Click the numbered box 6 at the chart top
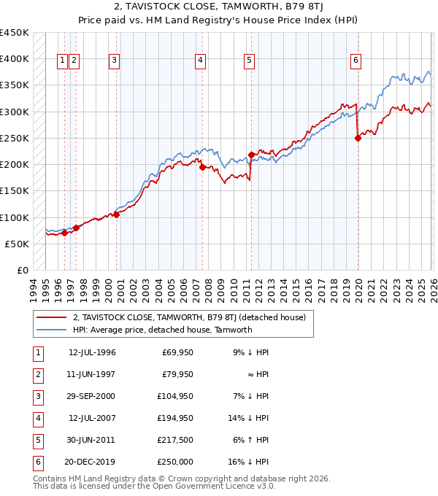356,61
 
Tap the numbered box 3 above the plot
115,61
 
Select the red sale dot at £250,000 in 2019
358,139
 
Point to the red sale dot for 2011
251,155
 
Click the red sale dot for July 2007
201,167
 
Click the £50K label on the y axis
18,244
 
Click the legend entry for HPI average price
162,330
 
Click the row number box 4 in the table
37,418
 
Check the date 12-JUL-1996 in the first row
92,352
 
